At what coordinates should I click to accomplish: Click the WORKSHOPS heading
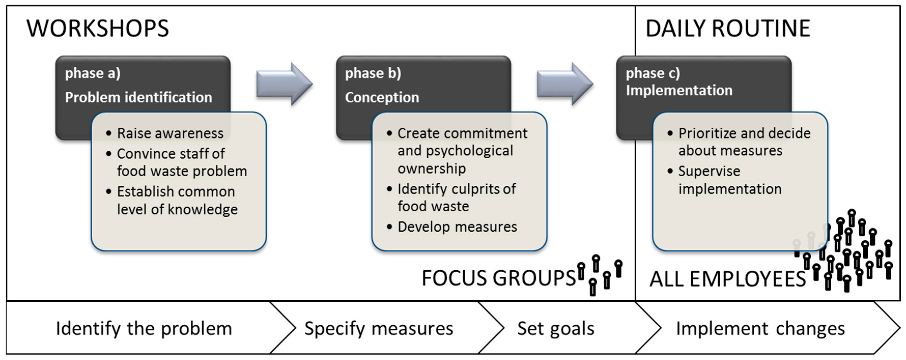[97, 28]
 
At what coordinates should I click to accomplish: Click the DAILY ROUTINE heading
[728, 28]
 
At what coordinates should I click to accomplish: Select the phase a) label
[93, 73]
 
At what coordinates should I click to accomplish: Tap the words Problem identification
[138, 97]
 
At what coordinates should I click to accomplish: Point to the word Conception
[382, 97]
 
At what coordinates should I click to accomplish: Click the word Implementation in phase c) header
[679, 90]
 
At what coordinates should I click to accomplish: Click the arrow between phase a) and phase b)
[284, 84]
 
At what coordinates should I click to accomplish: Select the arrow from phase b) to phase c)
[565, 84]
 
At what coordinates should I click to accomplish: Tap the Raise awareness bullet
[170, 133]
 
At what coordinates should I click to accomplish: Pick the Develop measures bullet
[457, 227]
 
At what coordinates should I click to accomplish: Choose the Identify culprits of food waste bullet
[456, 198]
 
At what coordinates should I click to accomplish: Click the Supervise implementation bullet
[729, 180]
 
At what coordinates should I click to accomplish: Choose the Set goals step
[556, 329]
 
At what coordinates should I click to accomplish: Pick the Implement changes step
[760, 329]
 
